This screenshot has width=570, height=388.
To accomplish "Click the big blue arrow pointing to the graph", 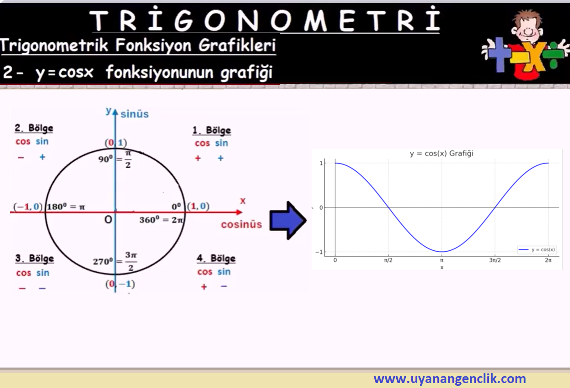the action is click(288, 220).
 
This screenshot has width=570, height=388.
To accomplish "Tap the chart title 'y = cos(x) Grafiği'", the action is click(442, 154).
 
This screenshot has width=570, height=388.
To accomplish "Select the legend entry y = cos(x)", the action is click(537, 249).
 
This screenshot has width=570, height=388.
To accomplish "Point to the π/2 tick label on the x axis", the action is click(388, 260).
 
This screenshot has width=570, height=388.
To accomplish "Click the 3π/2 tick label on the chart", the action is click(495, 260).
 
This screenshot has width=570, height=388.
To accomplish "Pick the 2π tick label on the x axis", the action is click(548, 260).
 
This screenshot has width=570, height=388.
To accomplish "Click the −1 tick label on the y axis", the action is click(319, 252).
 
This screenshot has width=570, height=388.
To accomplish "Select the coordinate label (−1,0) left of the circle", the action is click(28, 207).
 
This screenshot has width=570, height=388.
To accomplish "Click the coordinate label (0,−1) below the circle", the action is click(120, 284).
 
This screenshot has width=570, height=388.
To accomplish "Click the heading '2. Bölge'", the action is click(34, 128).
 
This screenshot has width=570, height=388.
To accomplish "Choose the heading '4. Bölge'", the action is click(216, 259).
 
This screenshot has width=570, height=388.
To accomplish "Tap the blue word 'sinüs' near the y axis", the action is click(135, 114).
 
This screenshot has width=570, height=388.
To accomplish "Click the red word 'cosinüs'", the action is click(242, 224).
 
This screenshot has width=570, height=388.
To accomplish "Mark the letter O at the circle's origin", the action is click(108, 219).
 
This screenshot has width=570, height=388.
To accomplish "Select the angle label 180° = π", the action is click(66, 207).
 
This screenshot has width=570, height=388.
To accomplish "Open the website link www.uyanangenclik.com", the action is click(449, 378).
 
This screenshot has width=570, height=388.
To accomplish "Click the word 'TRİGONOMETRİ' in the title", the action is click(265, 20).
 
